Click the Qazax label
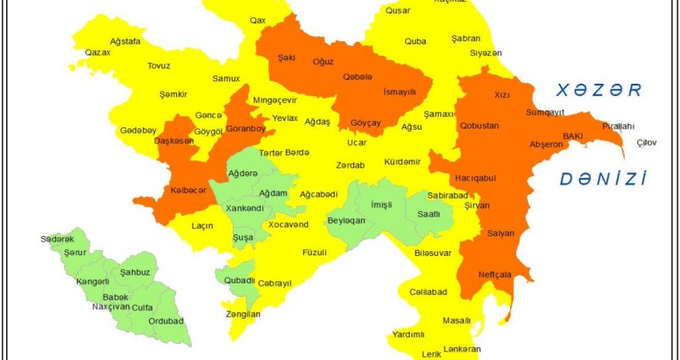[98, 53]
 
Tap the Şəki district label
[287, 57]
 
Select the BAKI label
[573, 136]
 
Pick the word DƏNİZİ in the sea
[603, 180]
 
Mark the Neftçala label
[494, 275]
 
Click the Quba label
[415, 41]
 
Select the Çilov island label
[647, 143]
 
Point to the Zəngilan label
[241, 314]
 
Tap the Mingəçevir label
[275, 101]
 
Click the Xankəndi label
[244, 209]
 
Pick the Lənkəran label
[463, 349]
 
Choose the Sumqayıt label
[545, 113]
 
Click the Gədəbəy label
[138, 130]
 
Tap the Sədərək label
[57, 239]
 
